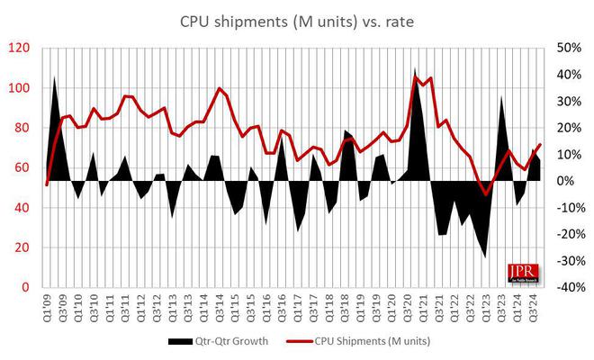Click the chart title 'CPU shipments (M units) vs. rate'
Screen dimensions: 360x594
[x=296, y=21]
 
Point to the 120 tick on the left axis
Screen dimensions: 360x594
[x=26, y=48]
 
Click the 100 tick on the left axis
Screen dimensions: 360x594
[x=26, y=88]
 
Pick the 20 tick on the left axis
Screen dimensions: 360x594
[x=29, y=247]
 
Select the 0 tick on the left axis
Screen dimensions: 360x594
[x=31, y=287]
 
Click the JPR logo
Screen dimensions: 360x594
[x=522, y=273]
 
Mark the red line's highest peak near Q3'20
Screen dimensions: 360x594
[x=415, y=76]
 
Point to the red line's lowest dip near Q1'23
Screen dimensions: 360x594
[x=485, y=193]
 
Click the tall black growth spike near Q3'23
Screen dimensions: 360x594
[x=500, y=97]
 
